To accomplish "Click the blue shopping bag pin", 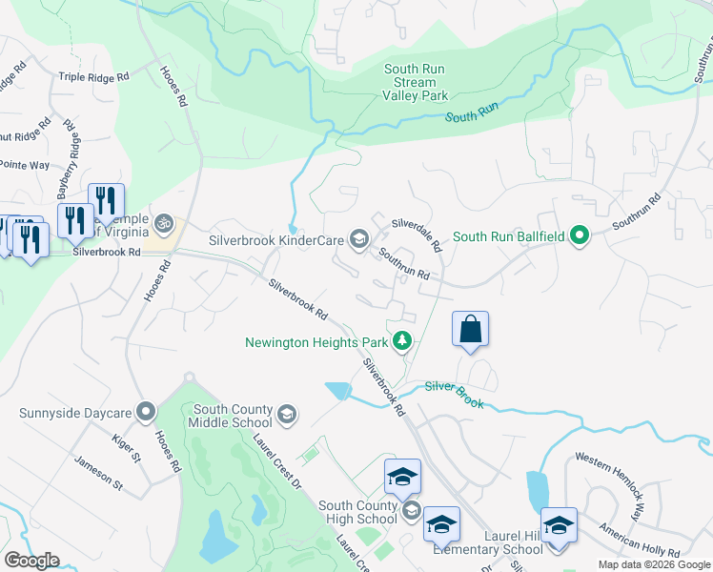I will (x=470, y=330).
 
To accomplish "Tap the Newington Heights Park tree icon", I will (x=403, y=340).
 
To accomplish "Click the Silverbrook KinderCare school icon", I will (x=359, y=238).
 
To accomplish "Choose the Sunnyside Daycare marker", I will (x=145, y=413).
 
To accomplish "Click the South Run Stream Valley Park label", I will (x=416, y=82).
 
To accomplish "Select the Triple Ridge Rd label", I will (x=93, y=77).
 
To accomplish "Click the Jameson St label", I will (x=99, y=473).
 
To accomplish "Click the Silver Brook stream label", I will (x=454, y=395).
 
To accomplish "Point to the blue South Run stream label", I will (x=472, y=114).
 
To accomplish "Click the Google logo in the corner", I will (x=31, y=561).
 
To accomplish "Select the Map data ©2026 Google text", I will (x=653, y=564).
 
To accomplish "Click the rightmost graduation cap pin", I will (x=559, y=525).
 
